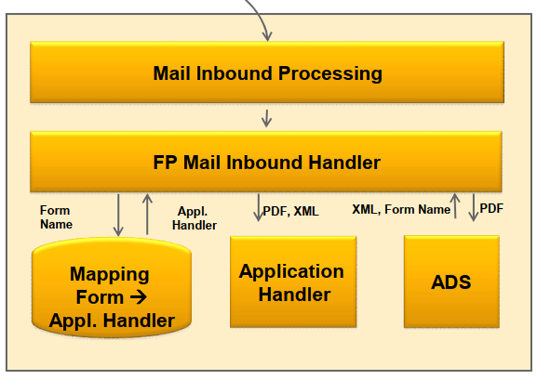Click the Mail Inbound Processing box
click(x=267, y=73)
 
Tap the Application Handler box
click(x=292, y=282)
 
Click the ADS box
click(x=451, y=281)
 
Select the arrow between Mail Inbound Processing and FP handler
click(x=267, y=117)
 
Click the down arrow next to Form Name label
click(x=118, y=214)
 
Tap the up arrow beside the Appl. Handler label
click(x=147, y=214)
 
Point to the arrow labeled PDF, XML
click(x=258, y=208)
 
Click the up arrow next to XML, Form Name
click(x=455, y=207)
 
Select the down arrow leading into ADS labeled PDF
click(x=473, y=207)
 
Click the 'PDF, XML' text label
click(x=290, y=211)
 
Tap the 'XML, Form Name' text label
click(x=401, y=209)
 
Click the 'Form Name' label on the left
click(x=56, y=218)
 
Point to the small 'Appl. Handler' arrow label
click(x=194, y=218)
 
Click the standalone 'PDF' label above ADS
click(x=491, y=209)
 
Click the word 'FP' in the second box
click(x=165, y=162)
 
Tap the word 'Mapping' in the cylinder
click(x=110, y=274)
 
